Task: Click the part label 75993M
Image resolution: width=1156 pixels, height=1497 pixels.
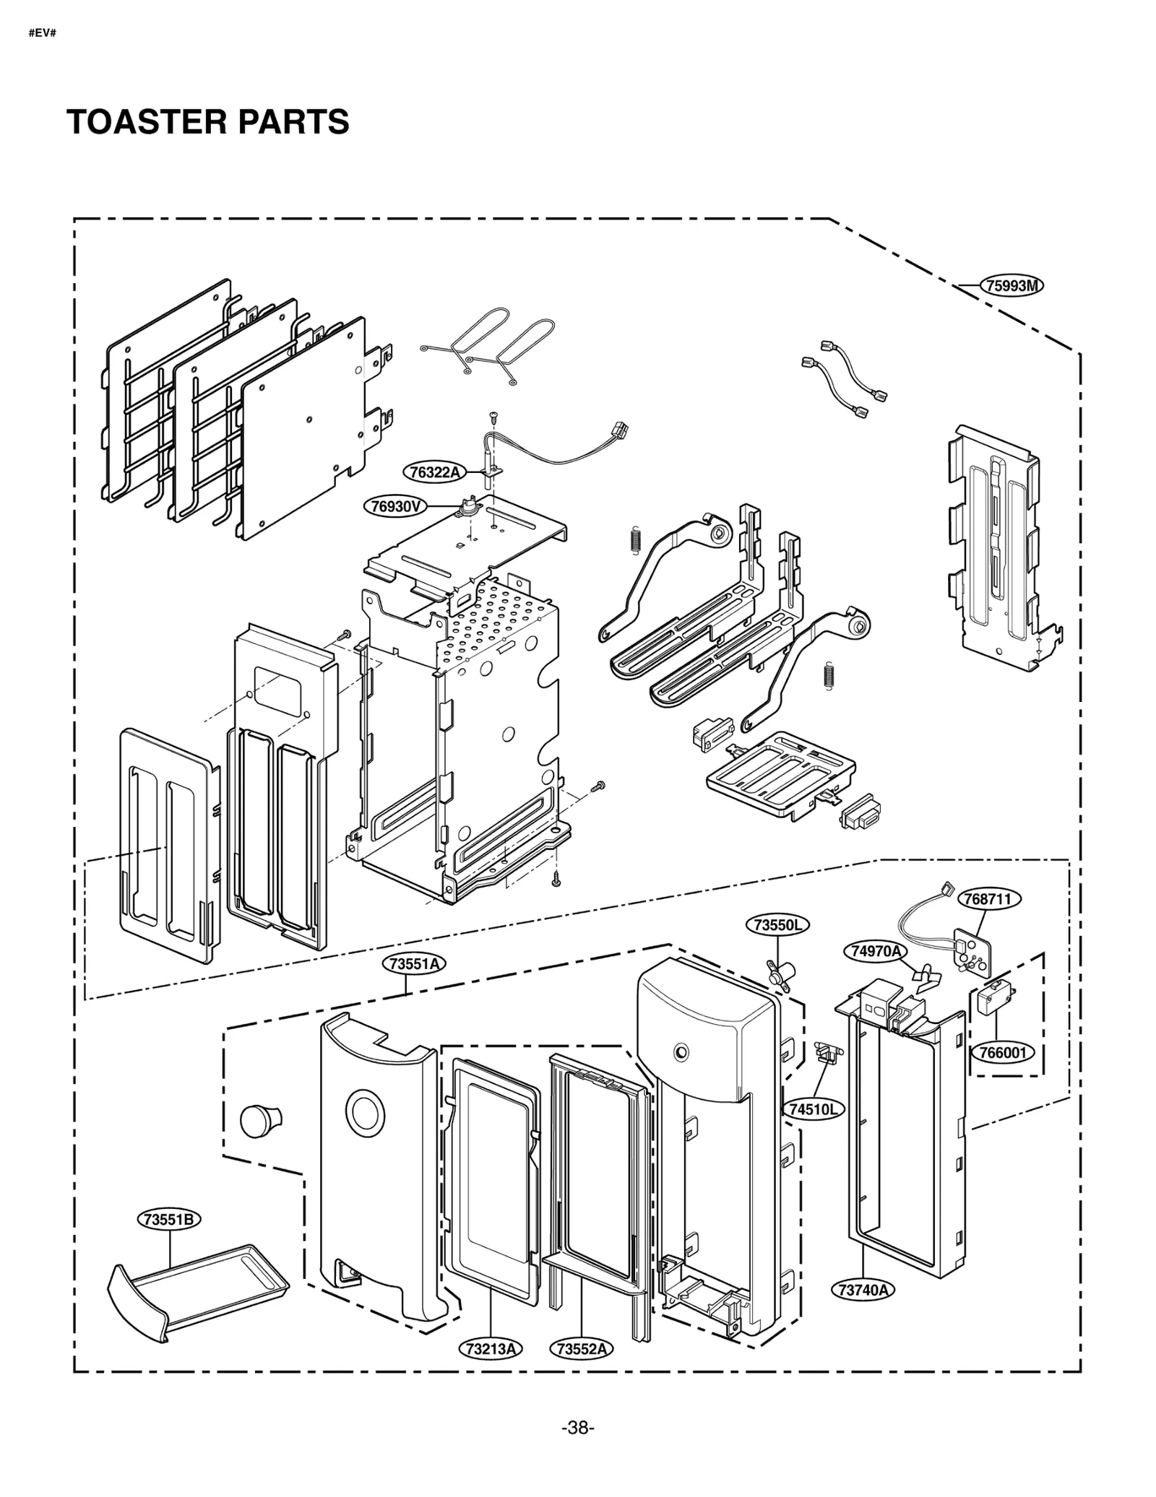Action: click(1011, 285)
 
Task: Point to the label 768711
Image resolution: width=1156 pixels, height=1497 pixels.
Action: click(988, 899)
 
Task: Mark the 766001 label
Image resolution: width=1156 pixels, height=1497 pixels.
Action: click(1002, 1053)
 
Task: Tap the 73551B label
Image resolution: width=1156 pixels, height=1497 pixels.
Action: click(168, 1220)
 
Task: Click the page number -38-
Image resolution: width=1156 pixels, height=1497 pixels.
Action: click(577, 1428)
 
